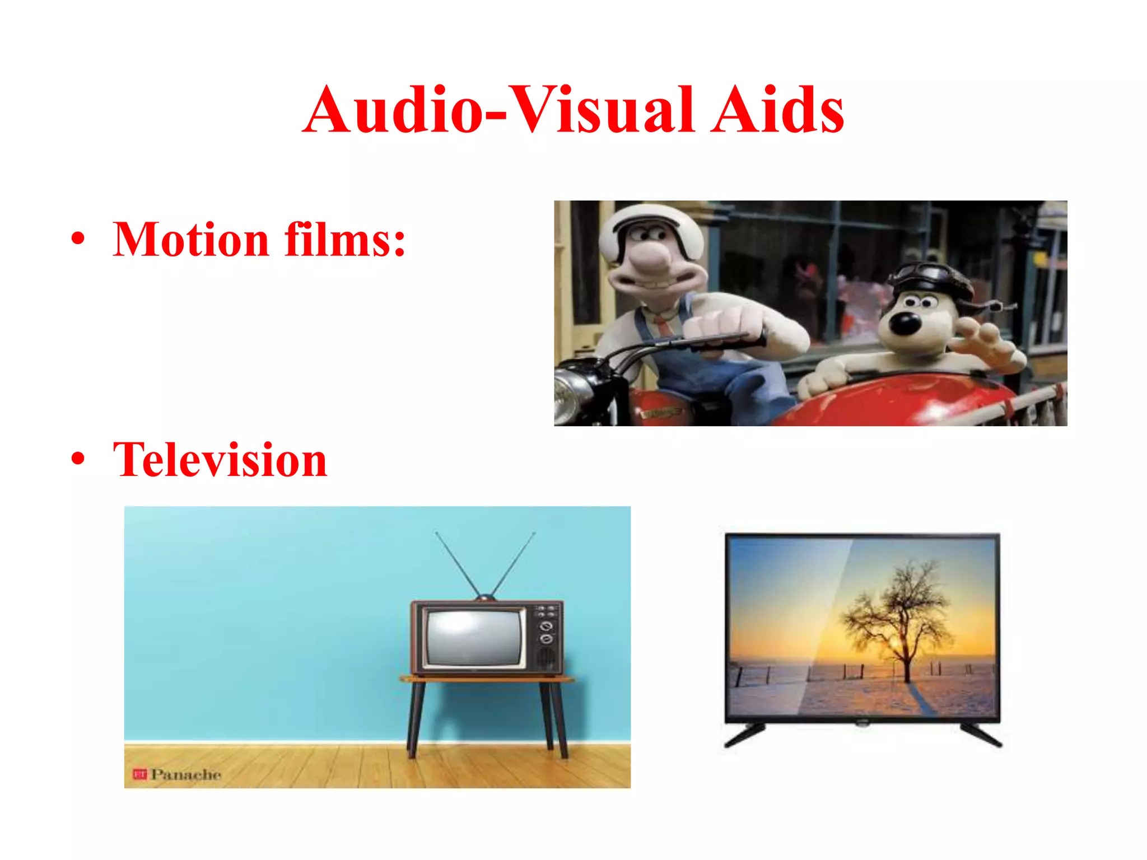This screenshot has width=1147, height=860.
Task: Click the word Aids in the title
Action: tap(777, 110)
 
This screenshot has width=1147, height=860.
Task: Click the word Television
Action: tap(220, 460)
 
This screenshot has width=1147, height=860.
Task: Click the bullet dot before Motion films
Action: tap(78, 239)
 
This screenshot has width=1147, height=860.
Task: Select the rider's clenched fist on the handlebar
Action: tap(720, 325)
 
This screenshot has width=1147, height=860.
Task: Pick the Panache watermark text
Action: tap(186, 774)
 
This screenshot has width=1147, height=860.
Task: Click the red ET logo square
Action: tap(139, 774)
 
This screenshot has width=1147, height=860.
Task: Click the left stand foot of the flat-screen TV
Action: tap(745, 735)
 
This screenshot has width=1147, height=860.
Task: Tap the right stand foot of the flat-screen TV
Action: tap(981, 735)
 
